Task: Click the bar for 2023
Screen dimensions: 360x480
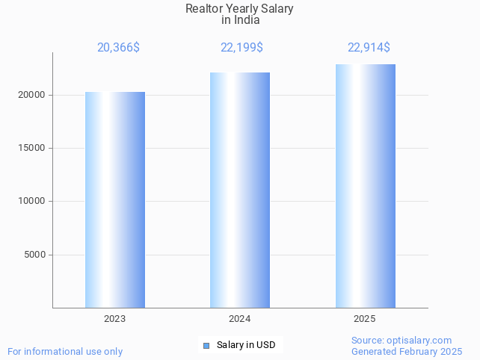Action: pos(115,199)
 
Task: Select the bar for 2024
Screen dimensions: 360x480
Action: pos(240,190)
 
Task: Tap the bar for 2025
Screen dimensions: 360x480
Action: pos(365,186)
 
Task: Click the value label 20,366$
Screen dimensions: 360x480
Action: pos(118,48)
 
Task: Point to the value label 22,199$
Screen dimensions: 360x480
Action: pos(241,48)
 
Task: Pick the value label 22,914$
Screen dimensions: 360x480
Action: pos(369,48)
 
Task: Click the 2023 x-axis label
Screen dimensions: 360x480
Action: pos(115,319)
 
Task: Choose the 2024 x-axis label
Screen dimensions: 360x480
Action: pos(240,319)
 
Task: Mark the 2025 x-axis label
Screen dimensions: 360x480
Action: pos(365,319)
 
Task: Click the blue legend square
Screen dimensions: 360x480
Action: pos(206,345)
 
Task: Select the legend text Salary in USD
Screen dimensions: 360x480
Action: pos(246,345)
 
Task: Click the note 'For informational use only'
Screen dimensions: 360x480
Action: pos(65,351)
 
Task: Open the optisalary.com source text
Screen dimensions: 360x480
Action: pos(401,340)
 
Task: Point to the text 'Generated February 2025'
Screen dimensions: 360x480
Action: pos(407,351)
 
